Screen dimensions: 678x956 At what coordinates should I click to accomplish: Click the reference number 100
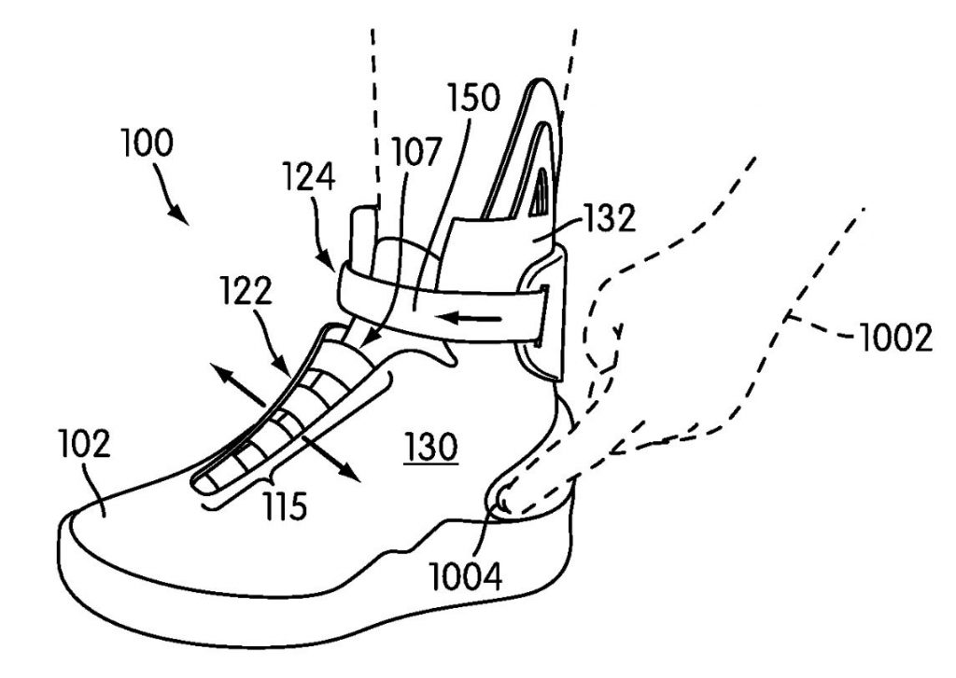[147, 145]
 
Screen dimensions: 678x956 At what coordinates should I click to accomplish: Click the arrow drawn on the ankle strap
[471, 319]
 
